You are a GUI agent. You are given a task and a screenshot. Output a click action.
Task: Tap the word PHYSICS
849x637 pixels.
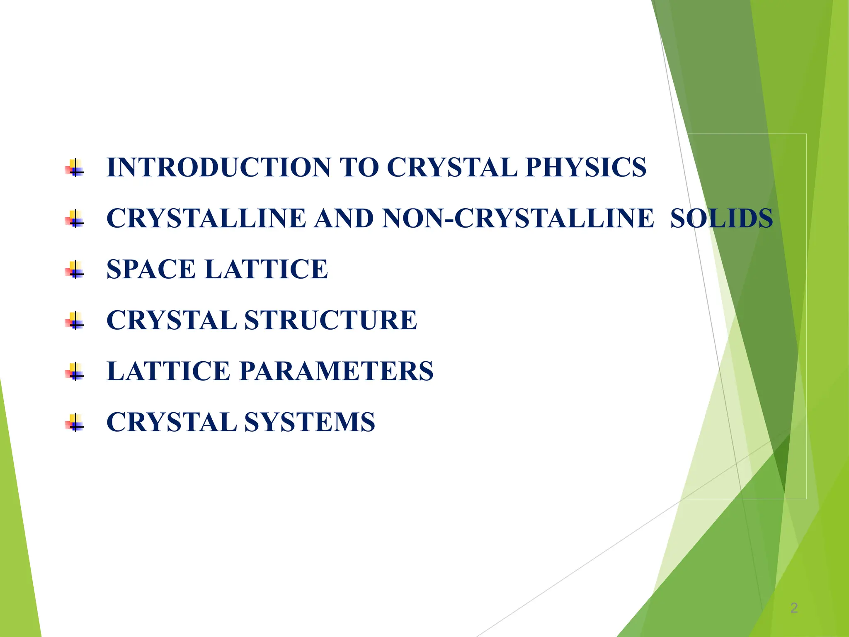[585, 168]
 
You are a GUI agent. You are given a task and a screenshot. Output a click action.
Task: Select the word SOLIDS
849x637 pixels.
[721, 219]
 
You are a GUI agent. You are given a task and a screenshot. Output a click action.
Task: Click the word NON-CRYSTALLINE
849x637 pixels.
[518, 219]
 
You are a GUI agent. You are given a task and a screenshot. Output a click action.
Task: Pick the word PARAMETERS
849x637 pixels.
[336, 371]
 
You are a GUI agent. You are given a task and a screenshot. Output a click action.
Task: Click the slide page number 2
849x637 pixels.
[793, 608]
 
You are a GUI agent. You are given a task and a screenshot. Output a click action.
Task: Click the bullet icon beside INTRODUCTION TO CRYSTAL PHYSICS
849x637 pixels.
[75, 168]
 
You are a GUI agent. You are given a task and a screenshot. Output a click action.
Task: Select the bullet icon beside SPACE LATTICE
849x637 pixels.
[75, 270]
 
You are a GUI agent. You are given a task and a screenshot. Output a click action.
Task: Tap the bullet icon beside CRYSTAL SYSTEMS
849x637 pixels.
[75, 423]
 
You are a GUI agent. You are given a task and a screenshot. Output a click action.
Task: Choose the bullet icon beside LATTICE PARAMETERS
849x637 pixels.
[75, 372]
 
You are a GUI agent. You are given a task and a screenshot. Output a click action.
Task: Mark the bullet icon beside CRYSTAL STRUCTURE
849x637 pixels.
[75, 321]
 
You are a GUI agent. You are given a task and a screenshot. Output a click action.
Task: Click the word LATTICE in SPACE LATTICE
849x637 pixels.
[266, 270]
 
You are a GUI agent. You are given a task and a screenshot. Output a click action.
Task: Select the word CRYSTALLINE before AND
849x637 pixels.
[206, 219]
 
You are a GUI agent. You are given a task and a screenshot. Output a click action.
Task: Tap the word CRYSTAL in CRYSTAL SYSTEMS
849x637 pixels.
[171, 423]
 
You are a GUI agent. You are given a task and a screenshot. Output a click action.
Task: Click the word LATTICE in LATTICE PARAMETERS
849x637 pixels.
[168, 371]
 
